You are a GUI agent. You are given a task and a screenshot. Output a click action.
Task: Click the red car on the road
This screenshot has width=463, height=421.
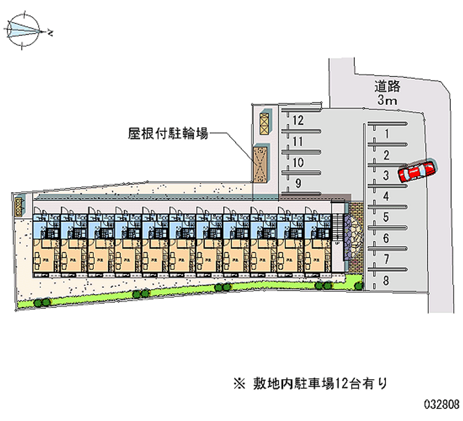tap(417, 171)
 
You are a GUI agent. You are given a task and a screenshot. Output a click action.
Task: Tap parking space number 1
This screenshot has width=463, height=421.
tap(385, 134)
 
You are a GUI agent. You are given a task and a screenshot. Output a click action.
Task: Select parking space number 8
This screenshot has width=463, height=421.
tap(385, 280)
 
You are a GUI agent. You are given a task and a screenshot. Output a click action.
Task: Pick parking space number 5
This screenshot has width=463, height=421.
tap(385, 218)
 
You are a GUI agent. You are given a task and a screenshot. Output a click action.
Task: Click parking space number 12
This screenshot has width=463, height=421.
tap(298, 120)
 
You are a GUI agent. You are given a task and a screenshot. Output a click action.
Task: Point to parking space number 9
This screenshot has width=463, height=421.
tap(298, 184)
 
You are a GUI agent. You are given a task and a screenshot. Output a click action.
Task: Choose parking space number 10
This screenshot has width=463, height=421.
tap(298, 162)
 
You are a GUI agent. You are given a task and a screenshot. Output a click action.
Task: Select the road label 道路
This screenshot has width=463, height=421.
tap(387, 87)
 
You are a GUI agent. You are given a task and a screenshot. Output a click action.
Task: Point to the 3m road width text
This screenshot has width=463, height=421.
tap(387, 101)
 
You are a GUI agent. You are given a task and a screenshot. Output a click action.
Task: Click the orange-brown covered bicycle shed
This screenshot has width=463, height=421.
tap(262, 163)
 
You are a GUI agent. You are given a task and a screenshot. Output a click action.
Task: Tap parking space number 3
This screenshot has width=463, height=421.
tap(385, 175)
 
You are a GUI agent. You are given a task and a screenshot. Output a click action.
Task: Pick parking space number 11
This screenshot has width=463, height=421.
tap(298, 141)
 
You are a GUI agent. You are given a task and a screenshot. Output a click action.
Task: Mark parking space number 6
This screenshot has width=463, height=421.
tap(385, 239)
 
